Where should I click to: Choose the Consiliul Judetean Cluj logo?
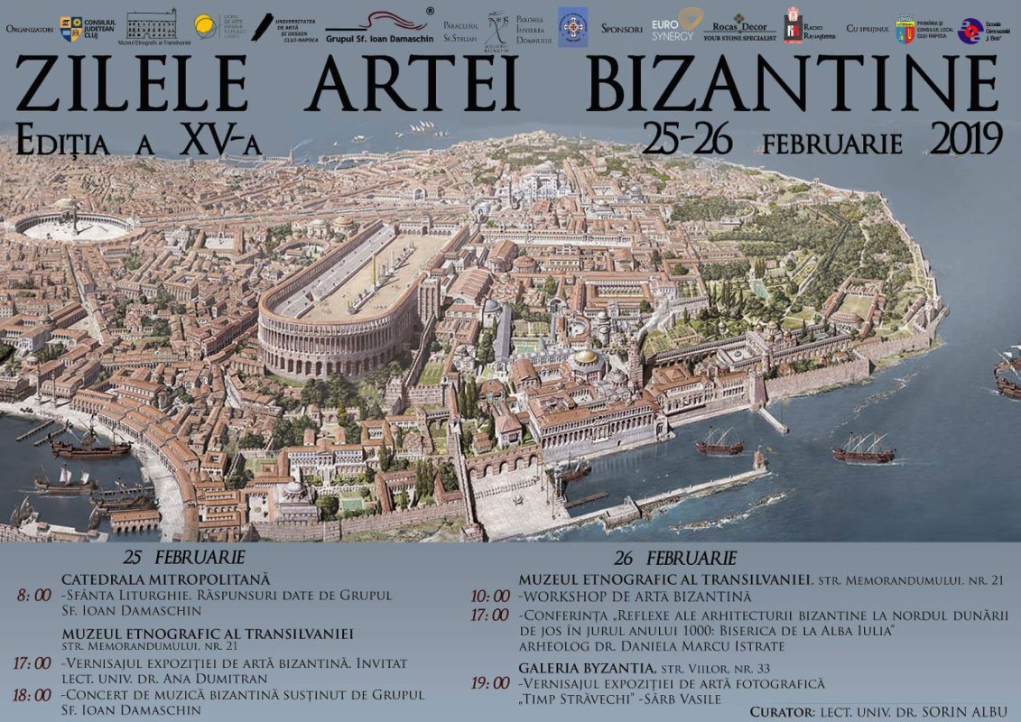(87, 28)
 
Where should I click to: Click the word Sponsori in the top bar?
(622, 29)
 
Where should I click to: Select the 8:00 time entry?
(34, 596)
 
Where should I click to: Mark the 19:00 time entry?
(491, 684)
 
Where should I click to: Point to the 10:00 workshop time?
(491, 597)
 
